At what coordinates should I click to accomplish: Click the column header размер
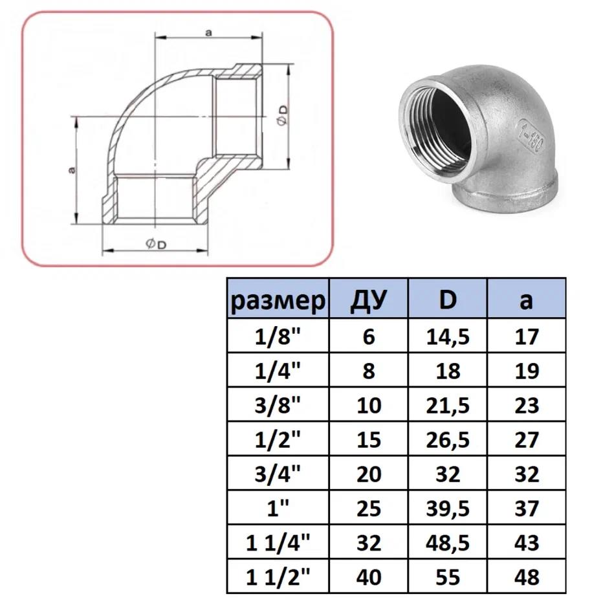tap(278, 300)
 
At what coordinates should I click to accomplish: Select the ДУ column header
tap(368, 300)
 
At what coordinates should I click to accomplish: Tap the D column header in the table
tap(447, 300)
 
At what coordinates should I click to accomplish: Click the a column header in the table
tap(527, 300)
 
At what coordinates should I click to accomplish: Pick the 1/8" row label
tap(278, 336)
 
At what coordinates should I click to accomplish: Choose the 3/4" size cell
tap(278, 474)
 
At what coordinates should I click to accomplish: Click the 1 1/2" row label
tap(278, 576)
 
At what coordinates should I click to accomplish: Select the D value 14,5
tap(447, 336)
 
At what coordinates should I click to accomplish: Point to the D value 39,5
tap(447, 509)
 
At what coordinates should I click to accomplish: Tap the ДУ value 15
tap(368, 440)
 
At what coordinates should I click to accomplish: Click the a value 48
tap(527, 576)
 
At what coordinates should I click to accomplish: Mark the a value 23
tap(527, 406)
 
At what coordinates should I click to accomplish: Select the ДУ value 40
tap(368, 576)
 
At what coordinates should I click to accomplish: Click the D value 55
tap(447, 576)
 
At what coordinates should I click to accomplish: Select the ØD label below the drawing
tap(155, 244)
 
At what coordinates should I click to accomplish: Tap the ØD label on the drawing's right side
tap(283, 117)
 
